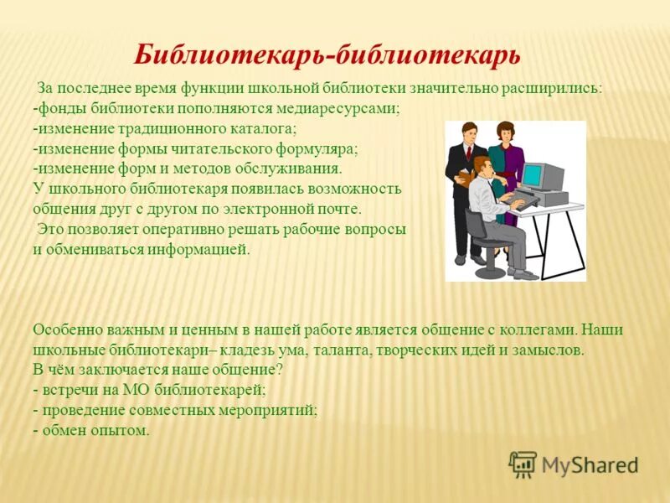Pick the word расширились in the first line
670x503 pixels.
tap(555, 89)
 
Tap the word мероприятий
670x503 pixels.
tap(265, 410)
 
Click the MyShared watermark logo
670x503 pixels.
tap(574, 464)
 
